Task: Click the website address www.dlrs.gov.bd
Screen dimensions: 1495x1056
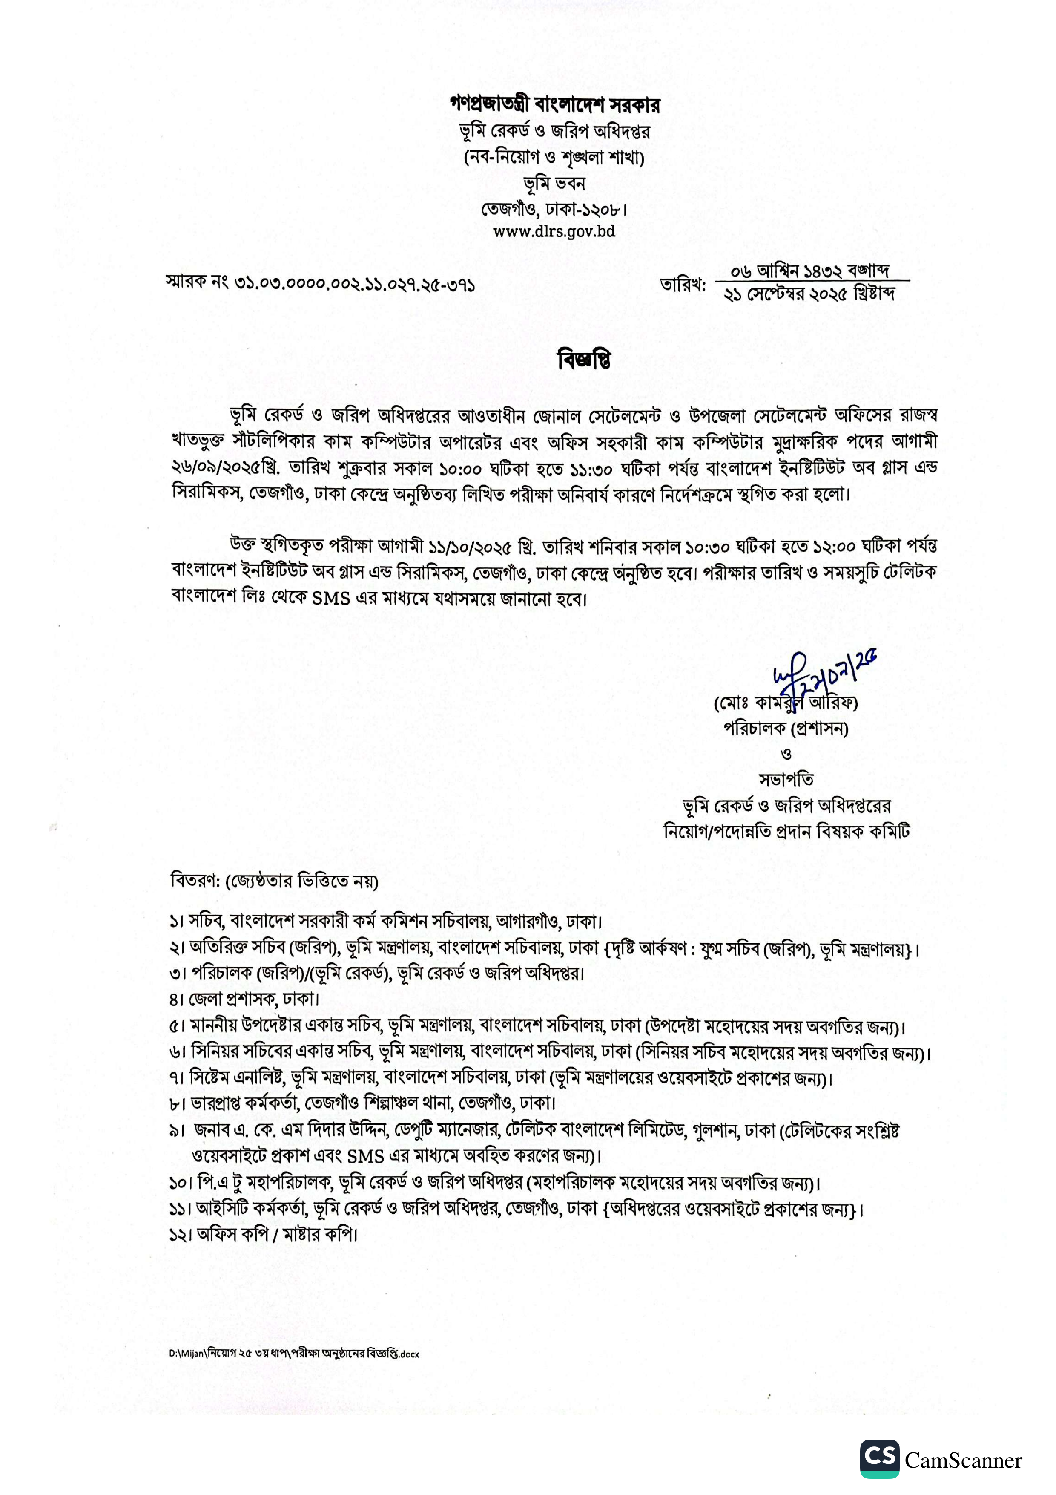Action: [x=554, y=231]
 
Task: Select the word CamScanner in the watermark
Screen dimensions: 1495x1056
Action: [x=963, y=1460]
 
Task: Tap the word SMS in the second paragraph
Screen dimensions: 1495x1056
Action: [x=331, y=598]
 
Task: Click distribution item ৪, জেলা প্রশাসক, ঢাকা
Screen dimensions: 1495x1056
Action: [x=245, y=998]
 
